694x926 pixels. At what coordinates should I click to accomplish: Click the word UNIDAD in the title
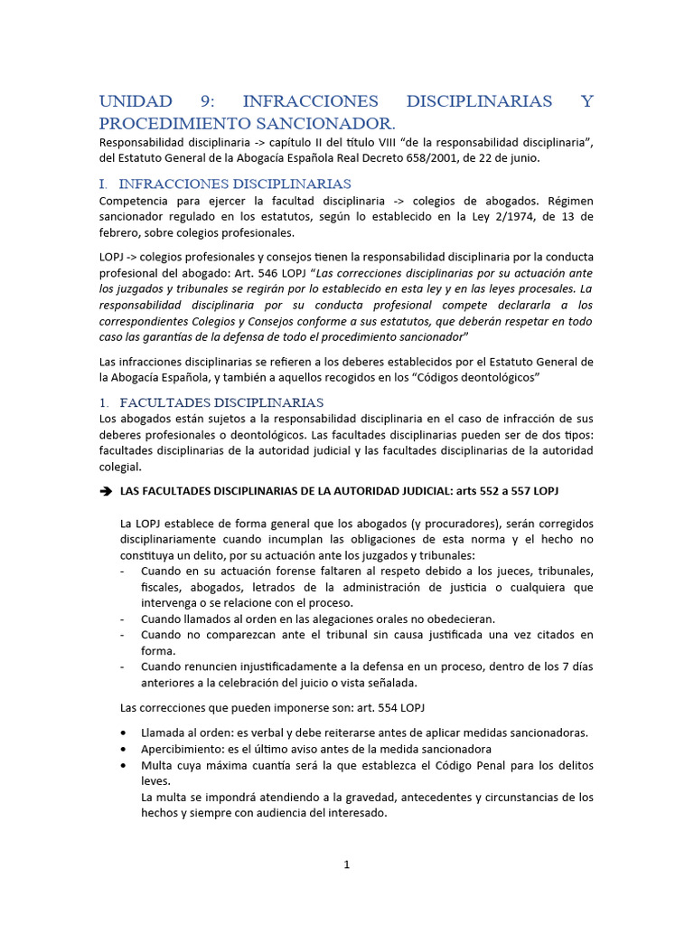[x=136, y=101]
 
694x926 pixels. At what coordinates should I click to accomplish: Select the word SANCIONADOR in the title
[x=329, y=123]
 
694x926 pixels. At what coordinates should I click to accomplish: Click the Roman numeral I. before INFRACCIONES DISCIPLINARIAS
[x=103, y=183]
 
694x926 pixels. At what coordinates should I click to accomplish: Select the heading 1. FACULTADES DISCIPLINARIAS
[x=211, y=402]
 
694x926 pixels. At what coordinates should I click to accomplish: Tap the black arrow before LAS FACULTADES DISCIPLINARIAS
[x=105, y=490]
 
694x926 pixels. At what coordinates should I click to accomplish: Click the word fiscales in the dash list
[x=159, y=587]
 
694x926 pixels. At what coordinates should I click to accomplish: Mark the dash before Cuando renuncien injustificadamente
[x=123, y=666]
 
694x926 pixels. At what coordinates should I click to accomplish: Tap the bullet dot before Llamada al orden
[x=123, y=732]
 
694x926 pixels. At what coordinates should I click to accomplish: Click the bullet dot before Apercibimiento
[x=123, y=749]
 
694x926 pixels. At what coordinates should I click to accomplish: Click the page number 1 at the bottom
[x=346, y=865]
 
